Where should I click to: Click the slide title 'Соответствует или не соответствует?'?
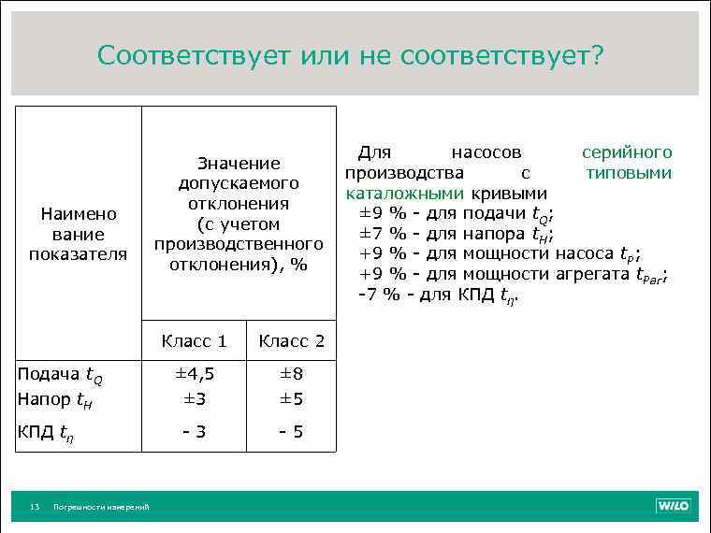click(350, 56)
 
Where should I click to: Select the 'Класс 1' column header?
click(195, 341)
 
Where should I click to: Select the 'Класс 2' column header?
click(291, 341)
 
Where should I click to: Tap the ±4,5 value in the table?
click(196, 374)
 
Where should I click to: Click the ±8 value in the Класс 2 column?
click(290, 374)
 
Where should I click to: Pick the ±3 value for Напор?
click(195, 399)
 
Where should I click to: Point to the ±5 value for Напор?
click(290, 399)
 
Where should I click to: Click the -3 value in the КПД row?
click(195, 432)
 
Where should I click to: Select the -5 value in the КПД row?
click(290, 432)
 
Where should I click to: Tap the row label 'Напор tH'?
click(58, 400)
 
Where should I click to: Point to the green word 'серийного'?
click(626, 152)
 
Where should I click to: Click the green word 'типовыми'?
click(629, 173)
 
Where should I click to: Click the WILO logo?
click(672, 506)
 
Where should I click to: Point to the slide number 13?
click(35, 507)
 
